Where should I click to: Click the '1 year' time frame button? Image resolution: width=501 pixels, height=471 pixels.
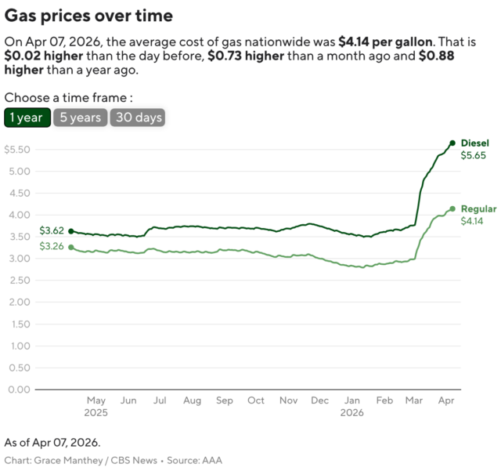(27, 118)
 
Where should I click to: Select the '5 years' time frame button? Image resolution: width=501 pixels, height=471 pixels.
(81, 118)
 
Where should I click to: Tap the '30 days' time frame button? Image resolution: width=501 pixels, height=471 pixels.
(138, 118)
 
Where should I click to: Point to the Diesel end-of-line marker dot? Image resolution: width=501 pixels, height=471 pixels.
(452, 143)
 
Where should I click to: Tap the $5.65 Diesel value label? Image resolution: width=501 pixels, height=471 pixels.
(473, 155)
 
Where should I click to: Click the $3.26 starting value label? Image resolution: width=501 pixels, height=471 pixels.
(52, 247)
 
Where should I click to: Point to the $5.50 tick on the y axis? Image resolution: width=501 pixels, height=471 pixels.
(17, 150)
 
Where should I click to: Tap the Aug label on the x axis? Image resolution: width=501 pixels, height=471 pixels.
(192, 400)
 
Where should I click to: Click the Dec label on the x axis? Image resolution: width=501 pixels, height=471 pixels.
(319, 400)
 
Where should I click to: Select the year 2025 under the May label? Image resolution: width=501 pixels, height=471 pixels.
(96, 412)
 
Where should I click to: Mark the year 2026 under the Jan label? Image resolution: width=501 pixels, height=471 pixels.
(352, 412)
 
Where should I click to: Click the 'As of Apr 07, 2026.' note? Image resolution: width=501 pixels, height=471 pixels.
(52, 443)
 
